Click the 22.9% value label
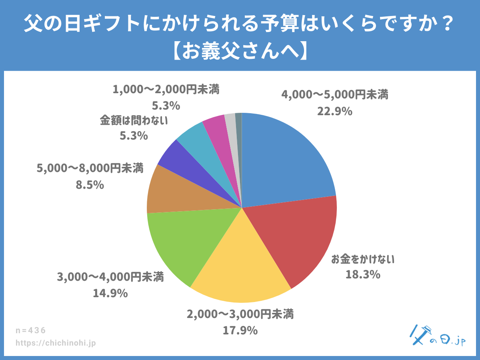[335, 112]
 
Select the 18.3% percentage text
[363, 275]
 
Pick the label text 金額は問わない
[134, 120]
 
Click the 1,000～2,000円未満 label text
[166, 90]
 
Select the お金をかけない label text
[363, 260]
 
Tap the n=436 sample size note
[31, 330]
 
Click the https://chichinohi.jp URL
[56, 343]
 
